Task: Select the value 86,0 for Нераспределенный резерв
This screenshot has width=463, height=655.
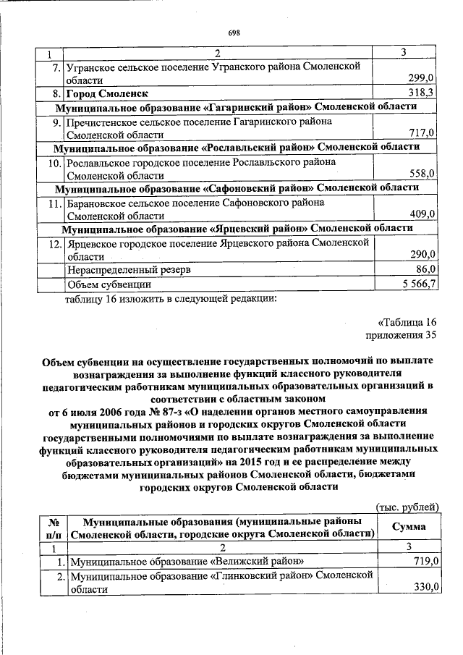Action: pos(424,269)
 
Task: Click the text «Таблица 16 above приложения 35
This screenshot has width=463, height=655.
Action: pos(407,321)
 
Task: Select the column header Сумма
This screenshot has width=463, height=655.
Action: pos(408,527)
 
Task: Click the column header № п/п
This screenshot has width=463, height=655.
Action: pos(52,527)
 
